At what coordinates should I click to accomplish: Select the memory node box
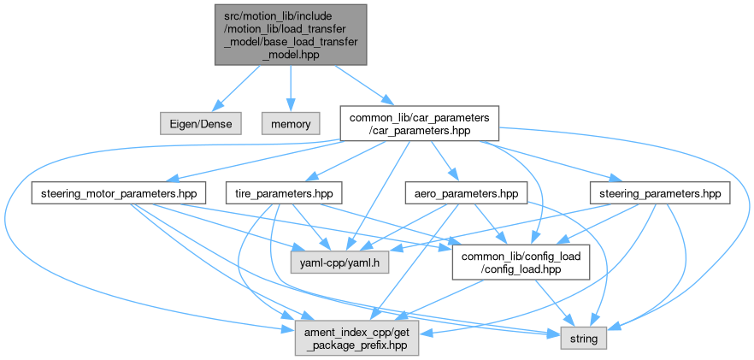(291, 123)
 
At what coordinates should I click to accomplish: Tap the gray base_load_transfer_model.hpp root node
(291, 34)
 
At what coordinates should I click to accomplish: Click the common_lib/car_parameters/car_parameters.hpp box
(419, 123)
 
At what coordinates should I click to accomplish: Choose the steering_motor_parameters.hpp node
(117, 193)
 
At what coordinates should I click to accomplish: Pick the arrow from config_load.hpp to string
(547, 302)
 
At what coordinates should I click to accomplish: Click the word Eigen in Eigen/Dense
(184, 123)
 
